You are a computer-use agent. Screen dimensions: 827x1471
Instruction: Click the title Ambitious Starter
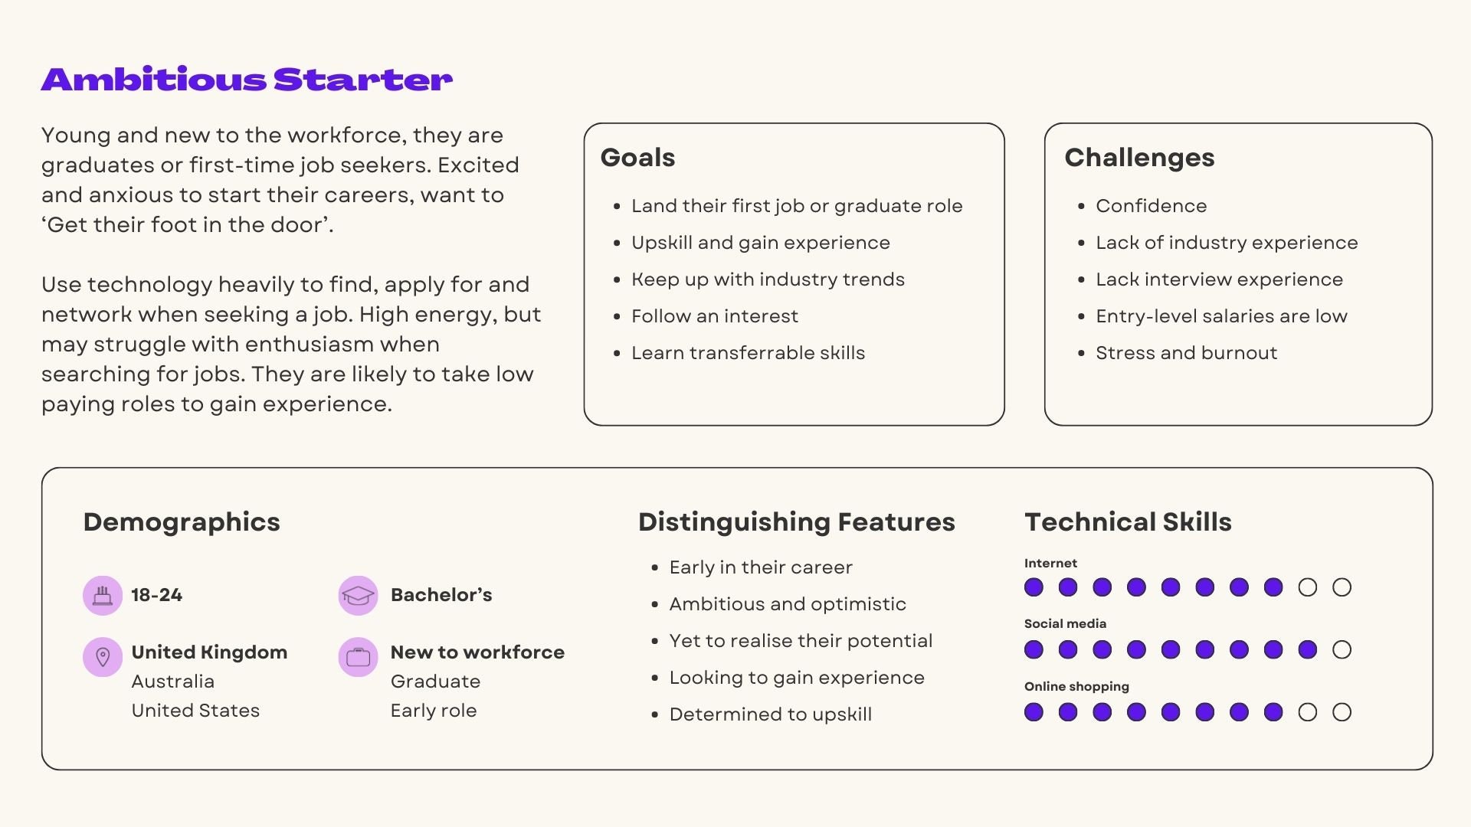[x=247, y=80]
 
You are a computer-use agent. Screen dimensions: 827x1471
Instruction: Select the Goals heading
[x=637, y=158]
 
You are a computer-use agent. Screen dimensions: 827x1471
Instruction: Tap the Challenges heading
[x=1139, y=158]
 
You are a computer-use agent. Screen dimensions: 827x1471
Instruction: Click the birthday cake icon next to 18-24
[x=103, y=595]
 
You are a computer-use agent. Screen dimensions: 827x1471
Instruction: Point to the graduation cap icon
[x=358, y=595]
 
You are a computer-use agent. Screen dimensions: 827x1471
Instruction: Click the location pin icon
[x=103, y=656]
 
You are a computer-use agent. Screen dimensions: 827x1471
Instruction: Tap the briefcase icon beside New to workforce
[x=358, y=656]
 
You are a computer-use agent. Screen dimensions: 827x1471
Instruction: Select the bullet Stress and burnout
[x=1186, y=353]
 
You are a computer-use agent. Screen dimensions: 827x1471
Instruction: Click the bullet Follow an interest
[x=714, y=316]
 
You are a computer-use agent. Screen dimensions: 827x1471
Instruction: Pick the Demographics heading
[x=182, y=522]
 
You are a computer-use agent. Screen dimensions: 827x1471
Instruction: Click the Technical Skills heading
[x=1128, y=522]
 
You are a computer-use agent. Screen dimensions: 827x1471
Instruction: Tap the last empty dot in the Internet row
[x=1342, y=587]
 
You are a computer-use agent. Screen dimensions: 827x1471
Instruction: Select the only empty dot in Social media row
[x=1342, y=650]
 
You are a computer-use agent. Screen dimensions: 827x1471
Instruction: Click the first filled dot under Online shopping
[x=1034, y=712]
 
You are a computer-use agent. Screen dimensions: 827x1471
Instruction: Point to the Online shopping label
[x=1076, y=686]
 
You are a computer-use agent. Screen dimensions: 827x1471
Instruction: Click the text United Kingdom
[x=209, y=652]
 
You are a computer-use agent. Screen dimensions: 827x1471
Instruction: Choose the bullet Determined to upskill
[x=770, y=714]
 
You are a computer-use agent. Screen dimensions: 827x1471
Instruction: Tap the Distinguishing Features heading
[x=796, y=522]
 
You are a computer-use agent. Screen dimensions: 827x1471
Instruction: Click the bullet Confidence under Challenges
[x=1151, y=206]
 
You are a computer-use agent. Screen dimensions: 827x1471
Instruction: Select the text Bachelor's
[x=441, y=595]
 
